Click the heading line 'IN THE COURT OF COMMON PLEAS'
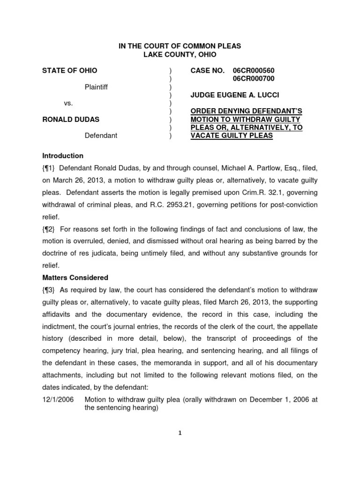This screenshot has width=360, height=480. point(180,46)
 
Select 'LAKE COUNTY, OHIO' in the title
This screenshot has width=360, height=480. point(180,54)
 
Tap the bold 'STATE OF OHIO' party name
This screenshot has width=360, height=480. point(70,70)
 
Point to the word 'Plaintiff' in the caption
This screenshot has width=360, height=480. point(96,87)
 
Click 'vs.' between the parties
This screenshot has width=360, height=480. point(68,103)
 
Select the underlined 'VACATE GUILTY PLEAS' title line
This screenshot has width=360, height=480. point(232,135)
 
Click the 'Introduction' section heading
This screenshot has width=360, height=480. point(63,156)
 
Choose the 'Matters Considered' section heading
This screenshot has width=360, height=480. point(75,277)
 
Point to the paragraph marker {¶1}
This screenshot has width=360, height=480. point(49,168)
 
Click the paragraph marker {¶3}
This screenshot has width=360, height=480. point(49,290)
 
